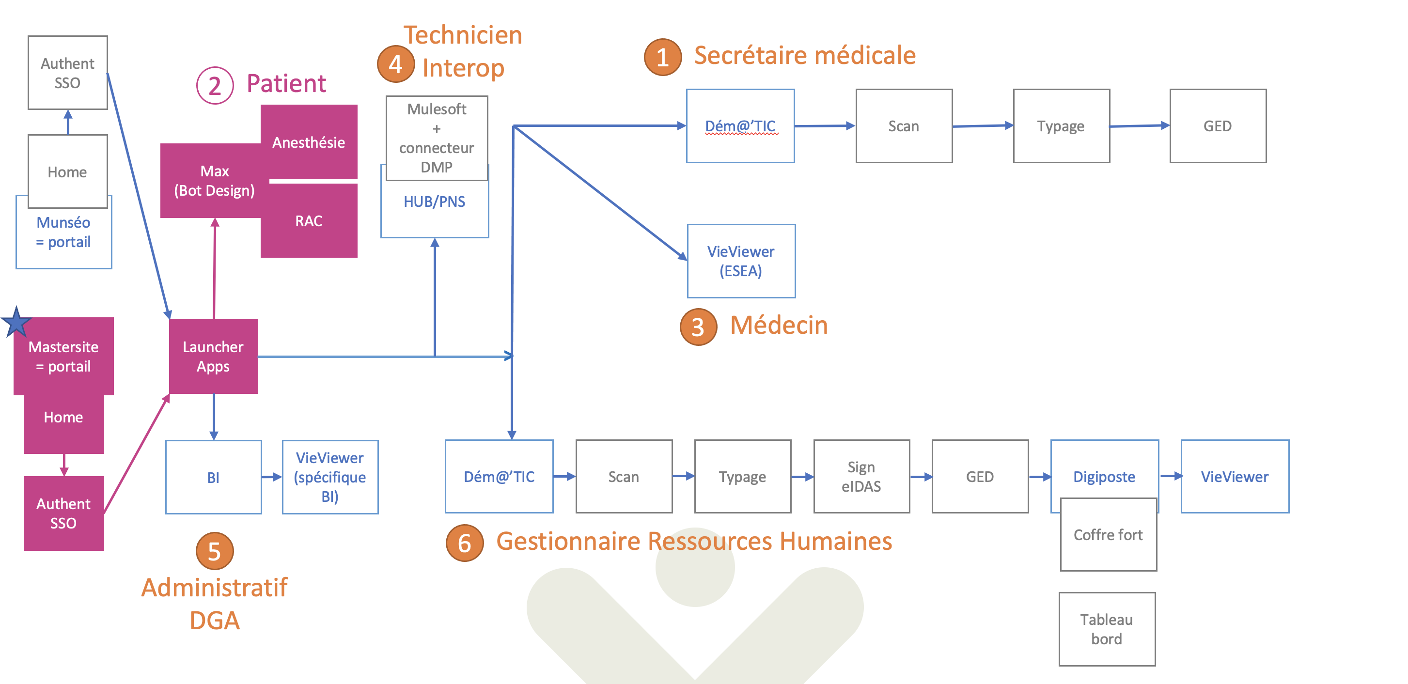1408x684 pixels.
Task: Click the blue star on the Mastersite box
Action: (x=16, y=322)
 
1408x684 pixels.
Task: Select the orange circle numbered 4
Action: (x=395, y=64)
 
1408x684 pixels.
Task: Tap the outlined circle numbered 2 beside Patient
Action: (x=214, y=86)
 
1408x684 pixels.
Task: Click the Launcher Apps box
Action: (x=213, y=356)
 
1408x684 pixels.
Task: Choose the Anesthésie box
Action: (x=309, y=142)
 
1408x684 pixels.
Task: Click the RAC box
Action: (x=309, y=221)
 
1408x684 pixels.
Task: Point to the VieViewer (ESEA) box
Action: (x=741, y=261)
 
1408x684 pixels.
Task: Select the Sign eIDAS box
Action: (x=861, y=476)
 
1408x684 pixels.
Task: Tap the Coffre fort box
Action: (x=1108, y=535)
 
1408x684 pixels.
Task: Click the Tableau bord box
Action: (x=1107, y=629)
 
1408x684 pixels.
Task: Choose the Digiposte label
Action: (x=1104, y=477)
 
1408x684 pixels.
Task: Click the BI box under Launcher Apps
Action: (x=213, y=478)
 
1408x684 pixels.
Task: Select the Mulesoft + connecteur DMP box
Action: (x=437, y=138)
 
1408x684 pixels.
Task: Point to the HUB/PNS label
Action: (x=435, y=202)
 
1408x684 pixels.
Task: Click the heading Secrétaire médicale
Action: (x=805, y=56)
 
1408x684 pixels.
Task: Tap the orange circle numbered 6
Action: (x=464, y=543)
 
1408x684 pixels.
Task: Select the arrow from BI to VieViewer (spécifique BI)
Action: (x=272, y=478)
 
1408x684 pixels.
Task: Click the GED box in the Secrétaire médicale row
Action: (x=1217, y=126)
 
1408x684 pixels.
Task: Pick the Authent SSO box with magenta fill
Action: (x=63, y=513)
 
